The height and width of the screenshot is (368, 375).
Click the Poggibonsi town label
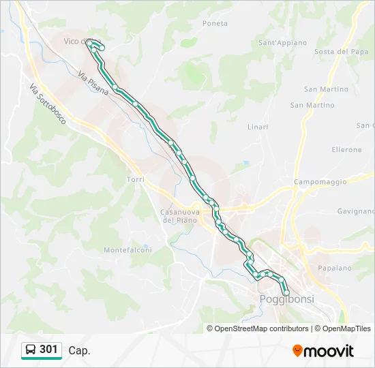[286, 300]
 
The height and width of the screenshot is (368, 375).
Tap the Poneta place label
[215, 23]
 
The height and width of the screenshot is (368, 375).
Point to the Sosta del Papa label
[342, 52]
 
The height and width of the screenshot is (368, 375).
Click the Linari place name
[257, 127]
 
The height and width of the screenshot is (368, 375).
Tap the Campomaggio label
[320, 182]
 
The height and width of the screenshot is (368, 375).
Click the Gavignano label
[355, 211]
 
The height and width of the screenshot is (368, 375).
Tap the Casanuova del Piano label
[179, 216]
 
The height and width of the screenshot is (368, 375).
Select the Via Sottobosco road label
[48, 104]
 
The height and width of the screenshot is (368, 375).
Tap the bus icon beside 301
[31, 350]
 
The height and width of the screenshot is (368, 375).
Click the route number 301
[49, 350]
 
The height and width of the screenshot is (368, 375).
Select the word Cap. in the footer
[79, 350]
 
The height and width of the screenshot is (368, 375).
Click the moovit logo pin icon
[298, 351]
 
